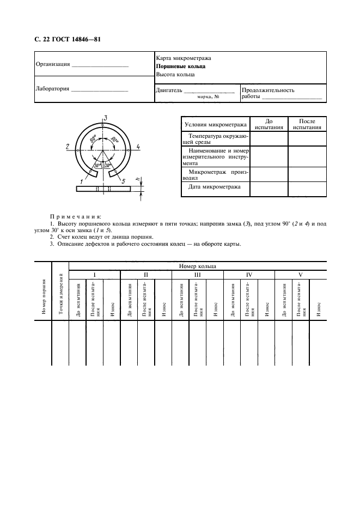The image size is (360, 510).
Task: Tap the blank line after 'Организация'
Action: tap(100, 65)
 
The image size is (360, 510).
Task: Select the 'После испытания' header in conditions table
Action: tap(307, 124)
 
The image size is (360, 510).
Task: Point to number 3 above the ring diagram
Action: tap(105, 118)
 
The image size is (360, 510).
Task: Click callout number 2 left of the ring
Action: tap(66, 147)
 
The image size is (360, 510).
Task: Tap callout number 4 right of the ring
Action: tap(138, 147)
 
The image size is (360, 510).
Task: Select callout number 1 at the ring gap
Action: tap(81, 181)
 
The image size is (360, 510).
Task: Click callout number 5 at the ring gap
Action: tap(124, 181)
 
